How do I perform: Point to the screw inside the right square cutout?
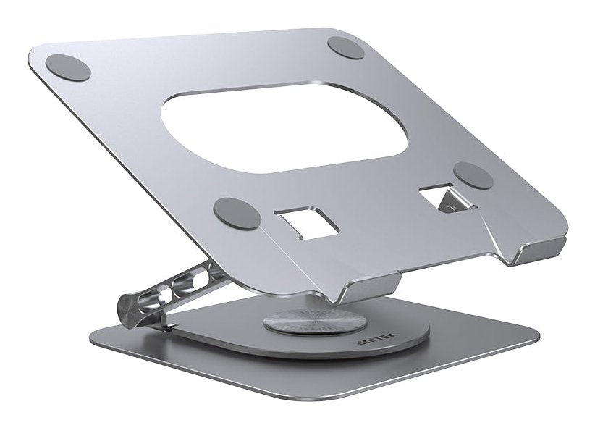click(x=452, y=208)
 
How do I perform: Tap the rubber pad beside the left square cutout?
click(x=237, y=214)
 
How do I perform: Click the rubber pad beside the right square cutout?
click(x=473, y=175)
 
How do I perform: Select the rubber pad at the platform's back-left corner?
click(x=68, y=67)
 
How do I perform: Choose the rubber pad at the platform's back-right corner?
click(x=345, y=46)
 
